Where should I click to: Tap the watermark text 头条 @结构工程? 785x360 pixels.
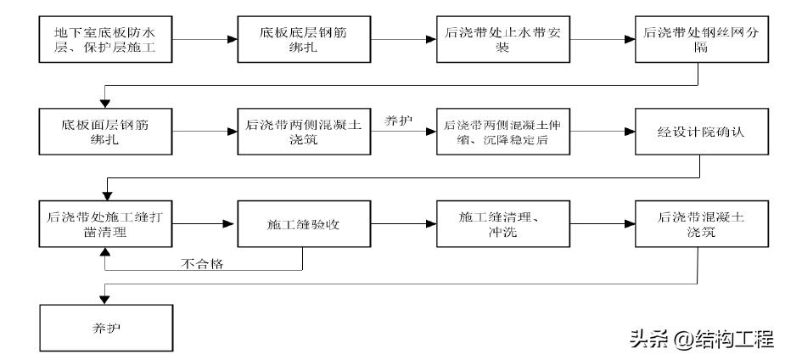click(700, 340)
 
